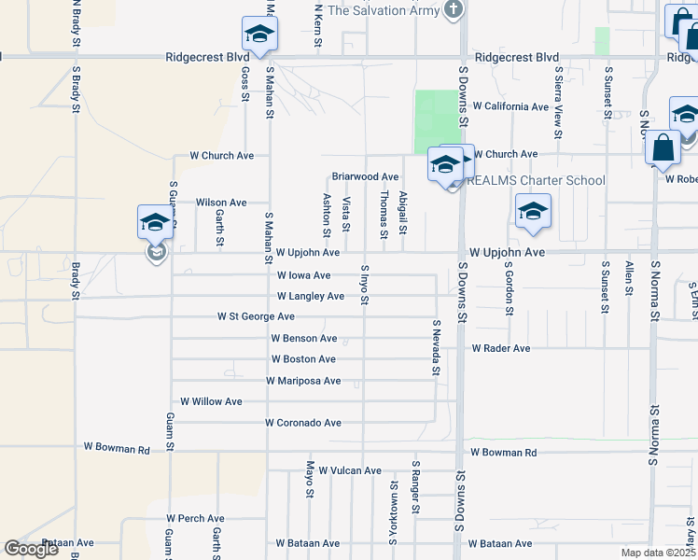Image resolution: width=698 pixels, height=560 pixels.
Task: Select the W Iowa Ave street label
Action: (304, 275)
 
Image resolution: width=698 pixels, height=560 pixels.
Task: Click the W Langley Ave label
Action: (311, 297)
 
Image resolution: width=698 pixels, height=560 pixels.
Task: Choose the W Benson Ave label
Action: (303, 338)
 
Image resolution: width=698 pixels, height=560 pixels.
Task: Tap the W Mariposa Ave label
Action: (303, 381)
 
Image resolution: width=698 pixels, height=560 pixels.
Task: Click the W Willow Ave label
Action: (211, 401)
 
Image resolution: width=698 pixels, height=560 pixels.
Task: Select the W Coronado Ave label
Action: (302, 423)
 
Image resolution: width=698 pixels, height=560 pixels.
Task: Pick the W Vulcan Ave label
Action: (350, 471)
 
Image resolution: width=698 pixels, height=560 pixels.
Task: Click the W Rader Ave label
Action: (500, 348)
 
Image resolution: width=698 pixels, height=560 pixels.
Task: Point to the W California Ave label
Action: (510, 106)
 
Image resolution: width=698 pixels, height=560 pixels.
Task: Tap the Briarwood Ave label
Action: (365, 176)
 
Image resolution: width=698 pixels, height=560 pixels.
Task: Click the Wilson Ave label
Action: (221, 203)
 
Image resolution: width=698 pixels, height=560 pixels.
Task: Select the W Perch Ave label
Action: (196, 518)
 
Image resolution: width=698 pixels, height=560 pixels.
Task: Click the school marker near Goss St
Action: (258, 35)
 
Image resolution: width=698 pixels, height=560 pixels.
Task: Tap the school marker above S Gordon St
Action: (533, 212)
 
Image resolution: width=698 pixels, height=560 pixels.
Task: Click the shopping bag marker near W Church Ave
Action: (662, 149)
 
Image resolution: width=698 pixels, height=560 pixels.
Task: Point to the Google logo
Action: (32, 549)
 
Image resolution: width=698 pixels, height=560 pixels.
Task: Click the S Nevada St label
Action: (436, 347)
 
